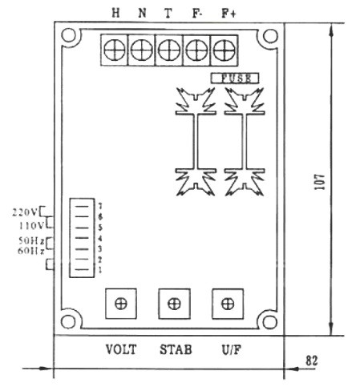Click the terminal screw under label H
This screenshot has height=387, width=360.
115,50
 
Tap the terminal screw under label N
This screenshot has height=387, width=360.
142,50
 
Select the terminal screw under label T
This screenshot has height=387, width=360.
169,50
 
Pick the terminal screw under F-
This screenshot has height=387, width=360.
196,50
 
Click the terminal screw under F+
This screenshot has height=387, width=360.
224,50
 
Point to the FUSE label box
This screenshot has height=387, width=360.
235,79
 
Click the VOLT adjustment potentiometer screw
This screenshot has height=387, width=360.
121,304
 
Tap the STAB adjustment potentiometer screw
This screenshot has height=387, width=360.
174,304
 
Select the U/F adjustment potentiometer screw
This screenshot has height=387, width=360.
228,304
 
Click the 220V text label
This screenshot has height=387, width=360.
25,212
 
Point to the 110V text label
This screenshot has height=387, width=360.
30,226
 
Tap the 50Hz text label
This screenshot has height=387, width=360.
31,240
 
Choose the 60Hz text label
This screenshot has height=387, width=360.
30,251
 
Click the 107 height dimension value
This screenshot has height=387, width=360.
320,182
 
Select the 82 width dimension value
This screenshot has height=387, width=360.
312,361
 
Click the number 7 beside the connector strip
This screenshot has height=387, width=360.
100,206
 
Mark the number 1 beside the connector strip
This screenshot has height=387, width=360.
100,270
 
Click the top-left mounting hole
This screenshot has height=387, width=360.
68,35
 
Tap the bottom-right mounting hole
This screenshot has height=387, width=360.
269,322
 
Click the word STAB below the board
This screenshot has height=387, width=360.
176,349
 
